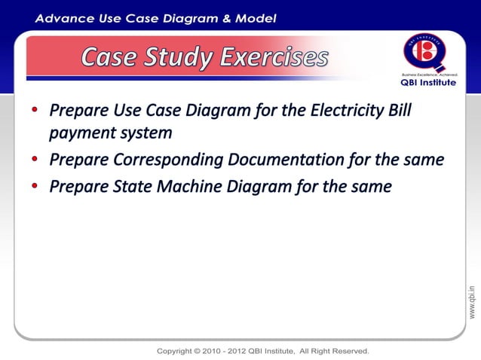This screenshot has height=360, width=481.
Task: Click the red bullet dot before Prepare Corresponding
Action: (x=35, y=160)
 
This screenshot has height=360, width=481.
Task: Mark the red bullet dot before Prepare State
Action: (x=35, y=186)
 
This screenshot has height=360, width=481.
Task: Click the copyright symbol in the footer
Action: (x=198, y=351)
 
